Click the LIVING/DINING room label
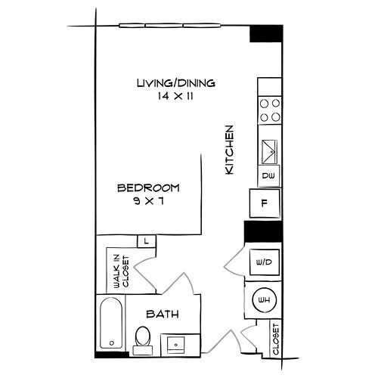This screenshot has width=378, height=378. [x=175, y=82]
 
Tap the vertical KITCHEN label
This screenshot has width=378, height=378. [x=231, y=150]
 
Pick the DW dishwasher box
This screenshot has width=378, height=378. [x=268, y=175]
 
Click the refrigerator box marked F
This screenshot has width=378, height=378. [x=265, y=203]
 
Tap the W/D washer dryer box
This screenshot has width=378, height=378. [x=265, y=263]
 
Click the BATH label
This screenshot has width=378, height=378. [x=161, y=313]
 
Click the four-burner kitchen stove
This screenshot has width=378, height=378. [x=269, y=110]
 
